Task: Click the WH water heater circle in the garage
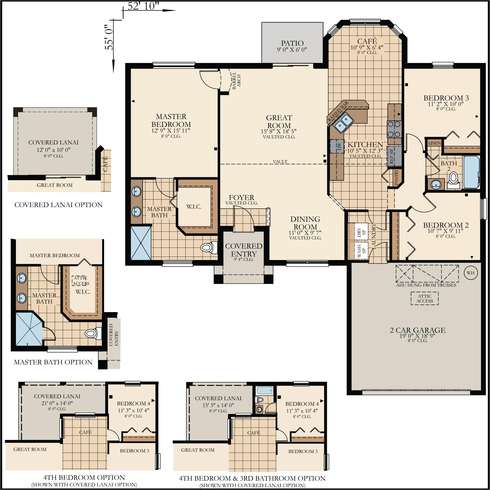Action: click(470, 273)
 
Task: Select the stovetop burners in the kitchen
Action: click(394, 129)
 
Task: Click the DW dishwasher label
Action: click(339, 146)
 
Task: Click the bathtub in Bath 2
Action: click(471, 172)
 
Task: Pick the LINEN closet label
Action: click(435, 143)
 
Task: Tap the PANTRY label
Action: click(396, 177)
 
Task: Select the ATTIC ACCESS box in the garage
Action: click(425, 299)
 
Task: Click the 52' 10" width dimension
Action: click(144, 6)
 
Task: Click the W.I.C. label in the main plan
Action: click(194, 207)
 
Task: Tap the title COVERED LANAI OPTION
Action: click(59, 205)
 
